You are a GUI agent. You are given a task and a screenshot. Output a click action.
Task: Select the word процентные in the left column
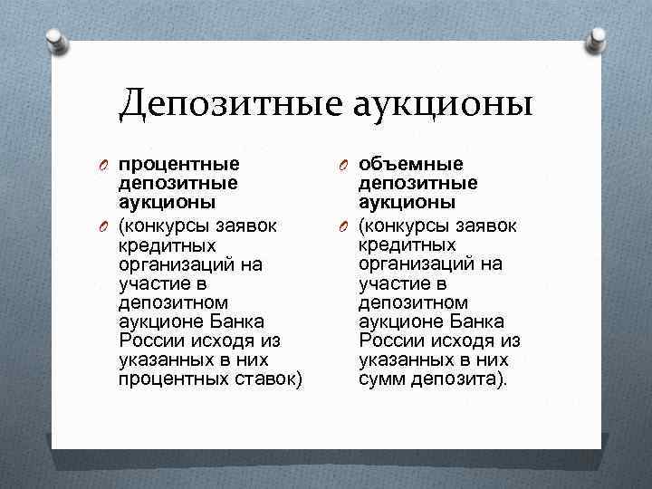pyautogui.click(x=178, y=164)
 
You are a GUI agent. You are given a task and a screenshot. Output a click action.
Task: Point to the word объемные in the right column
pyautogui.click(x=411, y=164)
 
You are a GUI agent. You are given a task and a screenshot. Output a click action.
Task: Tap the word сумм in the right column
pyautogui.click(x=381, y=379)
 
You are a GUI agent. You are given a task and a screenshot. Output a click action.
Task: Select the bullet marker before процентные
pyautogui.click(x=104, y=165)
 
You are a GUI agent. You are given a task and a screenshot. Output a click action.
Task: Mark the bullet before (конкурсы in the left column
pyautogui.click(x=104, y=225)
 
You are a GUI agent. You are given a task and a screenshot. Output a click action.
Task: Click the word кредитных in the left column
pyautogui.click(x=167, y=244)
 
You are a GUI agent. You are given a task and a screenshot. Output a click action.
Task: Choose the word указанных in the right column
pyautogui.click(x=403, y=360)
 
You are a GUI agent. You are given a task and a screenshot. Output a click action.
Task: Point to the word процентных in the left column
pyautogui.click(x=168, y=379)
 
